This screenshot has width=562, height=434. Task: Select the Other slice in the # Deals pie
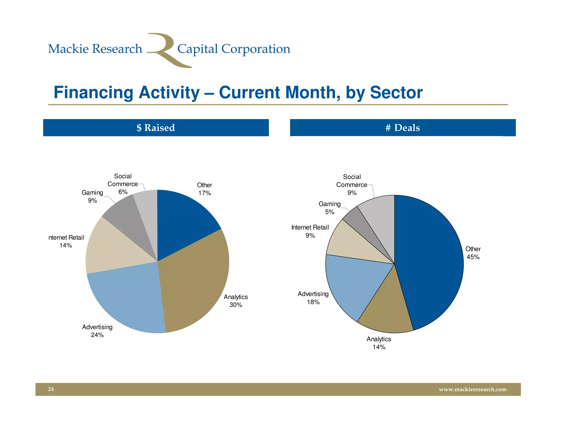431,261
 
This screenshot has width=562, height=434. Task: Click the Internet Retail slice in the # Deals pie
351,244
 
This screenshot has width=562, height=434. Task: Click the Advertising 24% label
97,331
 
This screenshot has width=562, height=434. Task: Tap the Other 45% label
473,253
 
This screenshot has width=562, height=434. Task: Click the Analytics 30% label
236,301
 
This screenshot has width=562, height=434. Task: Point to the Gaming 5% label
330,208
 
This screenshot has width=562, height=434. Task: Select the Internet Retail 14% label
66,241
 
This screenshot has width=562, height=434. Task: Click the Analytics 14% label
379,343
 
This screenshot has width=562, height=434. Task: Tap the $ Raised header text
156,128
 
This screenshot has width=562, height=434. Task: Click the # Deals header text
403,128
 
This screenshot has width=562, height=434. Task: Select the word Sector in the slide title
396,92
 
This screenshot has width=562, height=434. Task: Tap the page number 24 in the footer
51,389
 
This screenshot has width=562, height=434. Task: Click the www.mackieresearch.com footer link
473,389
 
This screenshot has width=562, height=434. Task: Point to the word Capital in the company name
198,49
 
